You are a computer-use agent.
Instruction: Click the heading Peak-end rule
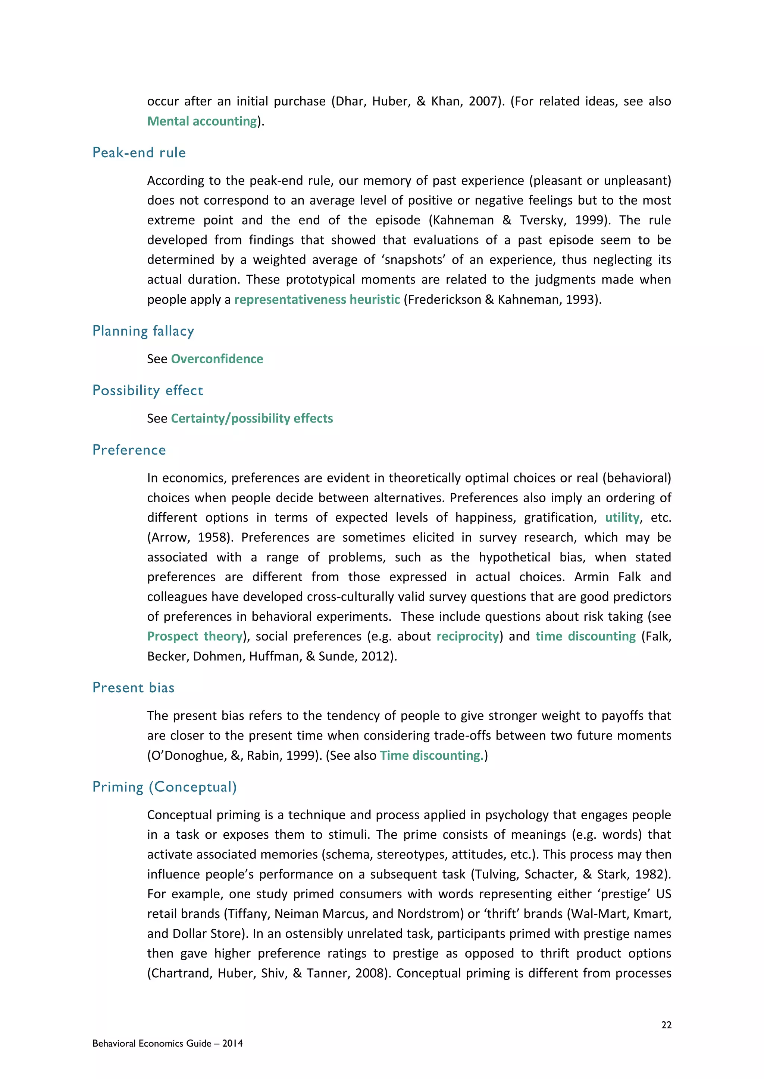click(139, 153)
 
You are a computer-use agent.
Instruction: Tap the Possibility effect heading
click(148, 390)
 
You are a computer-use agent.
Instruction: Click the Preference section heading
click(129, 450)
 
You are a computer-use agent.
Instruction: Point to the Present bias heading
click(133, 688)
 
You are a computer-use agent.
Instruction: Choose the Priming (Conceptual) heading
click(164, 787)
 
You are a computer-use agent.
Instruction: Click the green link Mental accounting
click(202, 121)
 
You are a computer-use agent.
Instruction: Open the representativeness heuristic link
click(317, 300)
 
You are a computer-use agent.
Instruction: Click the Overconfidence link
click(217, 359)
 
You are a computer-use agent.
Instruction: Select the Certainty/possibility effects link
click(252, 419)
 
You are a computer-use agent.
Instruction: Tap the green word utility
click(622, 518)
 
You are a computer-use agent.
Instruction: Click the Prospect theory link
click(195, 637)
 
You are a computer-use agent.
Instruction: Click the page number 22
click(666, 1025)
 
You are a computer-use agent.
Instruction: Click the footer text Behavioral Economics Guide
click(151, 1044)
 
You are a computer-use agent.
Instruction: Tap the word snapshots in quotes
click(415, 260)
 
